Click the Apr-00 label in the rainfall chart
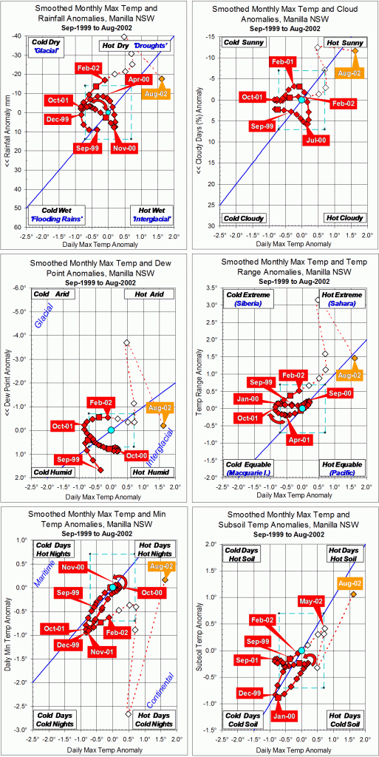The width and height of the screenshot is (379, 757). click(140, 78)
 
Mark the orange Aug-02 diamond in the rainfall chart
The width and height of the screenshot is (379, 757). click(162, 78)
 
